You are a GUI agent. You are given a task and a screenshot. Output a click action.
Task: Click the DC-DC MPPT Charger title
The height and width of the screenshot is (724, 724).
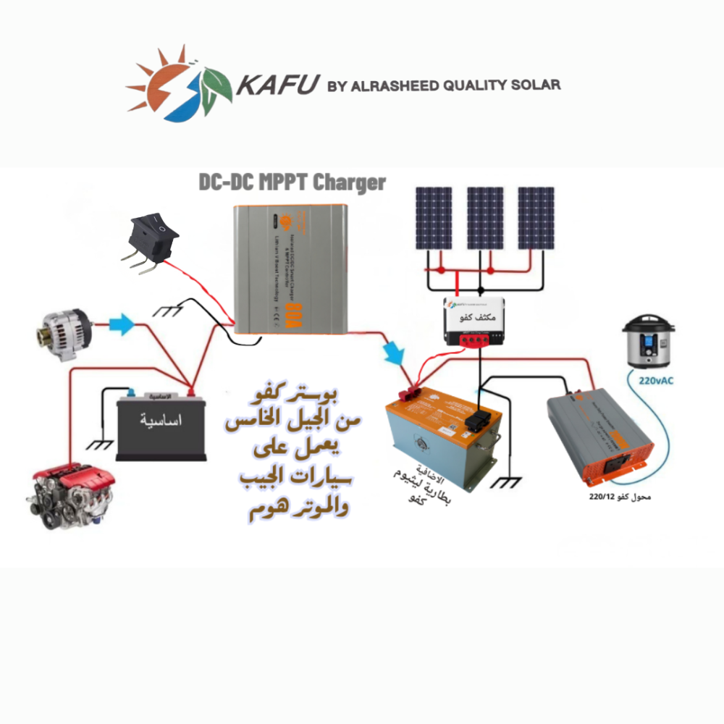pos(292,182)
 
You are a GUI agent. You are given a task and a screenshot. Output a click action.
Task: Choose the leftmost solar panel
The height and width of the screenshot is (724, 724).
pos(434,218)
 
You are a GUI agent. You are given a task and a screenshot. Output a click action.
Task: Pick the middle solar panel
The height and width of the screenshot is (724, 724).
pos(485,218)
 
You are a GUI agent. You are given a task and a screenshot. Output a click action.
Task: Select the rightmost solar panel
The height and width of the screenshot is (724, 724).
pos(536,218)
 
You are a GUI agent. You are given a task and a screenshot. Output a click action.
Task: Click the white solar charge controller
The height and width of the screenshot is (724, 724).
pos(473,322)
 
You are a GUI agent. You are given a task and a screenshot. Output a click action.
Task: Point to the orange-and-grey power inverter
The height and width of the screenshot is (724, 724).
pos(601,436)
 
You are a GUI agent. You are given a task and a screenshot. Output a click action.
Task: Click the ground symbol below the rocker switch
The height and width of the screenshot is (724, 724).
pos(171,311)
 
